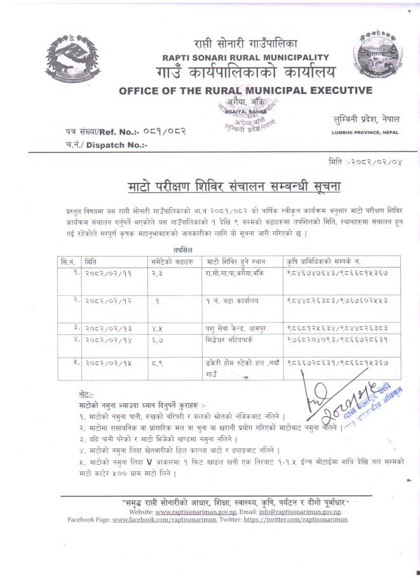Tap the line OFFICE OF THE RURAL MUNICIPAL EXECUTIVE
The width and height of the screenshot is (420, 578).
point(245,90)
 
